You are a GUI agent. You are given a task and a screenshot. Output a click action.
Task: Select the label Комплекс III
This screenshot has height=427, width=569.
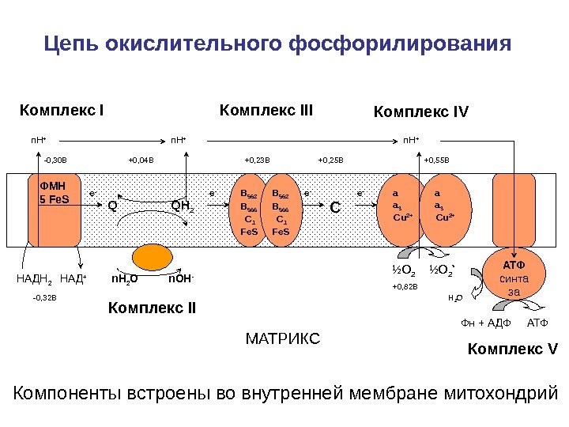266,109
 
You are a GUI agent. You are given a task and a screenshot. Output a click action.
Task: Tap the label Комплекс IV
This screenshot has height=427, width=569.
420,111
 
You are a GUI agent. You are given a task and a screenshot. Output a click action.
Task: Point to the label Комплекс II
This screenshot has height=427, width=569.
152,307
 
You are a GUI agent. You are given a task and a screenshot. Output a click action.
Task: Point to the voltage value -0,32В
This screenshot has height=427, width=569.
45,299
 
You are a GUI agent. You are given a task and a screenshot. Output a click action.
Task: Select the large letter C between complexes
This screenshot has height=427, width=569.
335,208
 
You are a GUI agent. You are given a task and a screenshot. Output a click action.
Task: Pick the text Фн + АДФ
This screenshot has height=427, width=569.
487,323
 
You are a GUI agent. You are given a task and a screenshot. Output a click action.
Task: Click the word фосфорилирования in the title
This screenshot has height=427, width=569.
401,42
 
